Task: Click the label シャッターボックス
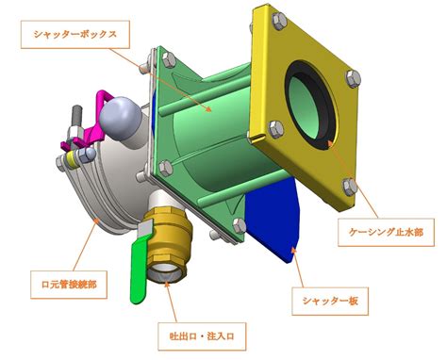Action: tap(75, 34)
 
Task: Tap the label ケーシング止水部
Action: tap(386, 232)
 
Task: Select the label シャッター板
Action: tap(330, 301)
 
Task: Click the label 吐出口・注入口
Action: tap(202, 336)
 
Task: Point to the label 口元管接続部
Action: tap(69, 285)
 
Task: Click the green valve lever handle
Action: tap(139, 270)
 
